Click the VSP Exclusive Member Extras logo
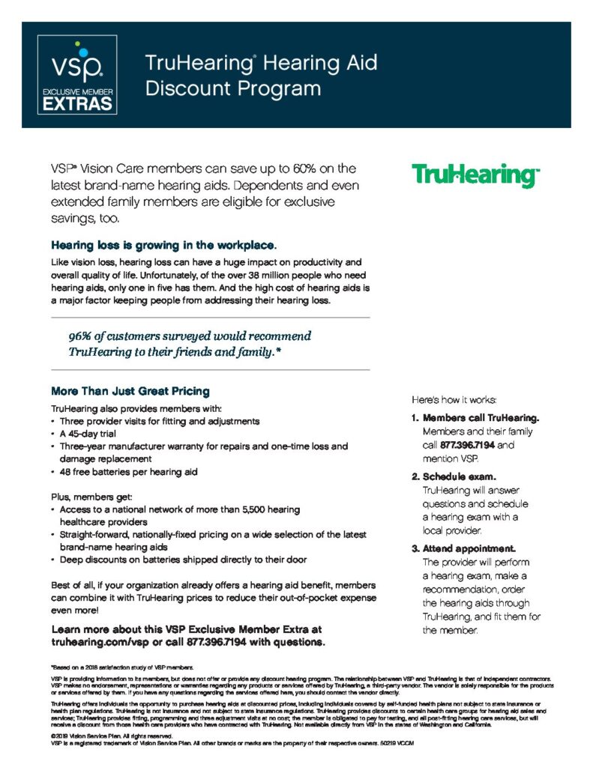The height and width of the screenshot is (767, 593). pos(77,75)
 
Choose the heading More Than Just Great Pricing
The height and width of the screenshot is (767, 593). pos(130,391)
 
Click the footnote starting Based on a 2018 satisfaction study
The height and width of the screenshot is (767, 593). pos(122,666)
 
